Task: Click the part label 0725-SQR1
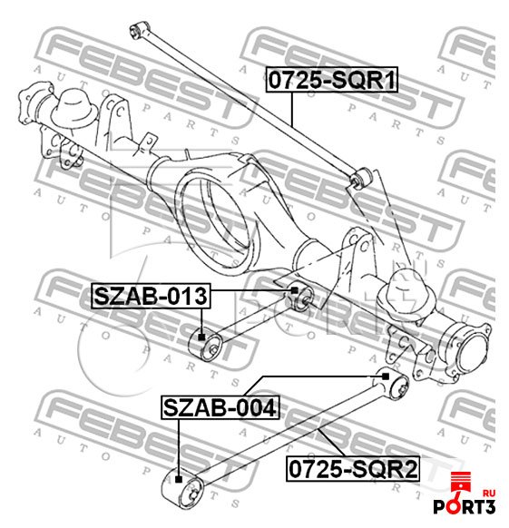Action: [x=332, y=80]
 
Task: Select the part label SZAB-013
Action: [x=151, y=296]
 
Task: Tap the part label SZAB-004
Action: [x=220, y=407]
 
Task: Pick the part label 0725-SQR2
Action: [x=353, y=469]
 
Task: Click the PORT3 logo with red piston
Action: [x=465, y=494]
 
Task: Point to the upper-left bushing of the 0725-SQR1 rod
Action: [x=139, y=30]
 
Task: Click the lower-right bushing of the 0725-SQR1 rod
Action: [x=361, y=178]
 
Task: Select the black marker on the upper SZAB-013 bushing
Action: [x=294, y=290]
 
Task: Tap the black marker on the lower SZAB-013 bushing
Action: [x=201, y=337]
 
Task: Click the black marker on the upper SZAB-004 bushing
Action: [x=386, y=376]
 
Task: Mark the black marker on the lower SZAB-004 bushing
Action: [x=179, y=479]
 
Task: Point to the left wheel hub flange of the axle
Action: [x=34, y=101]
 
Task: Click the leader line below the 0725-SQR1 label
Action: [x=292, y=109]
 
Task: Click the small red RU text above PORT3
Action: [x=488, y=493]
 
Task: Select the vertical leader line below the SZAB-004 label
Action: [x=179, y=447]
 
